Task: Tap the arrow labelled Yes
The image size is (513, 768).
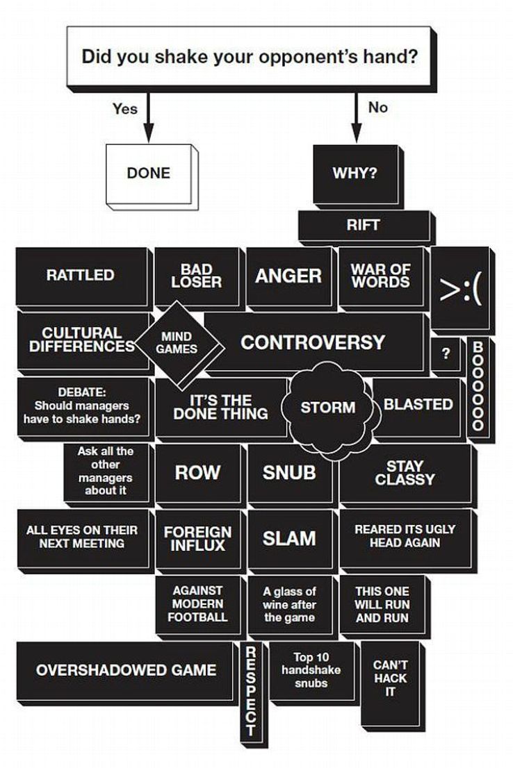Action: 148,117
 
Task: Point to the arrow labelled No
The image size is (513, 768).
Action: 357,117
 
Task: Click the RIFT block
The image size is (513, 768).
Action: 366,227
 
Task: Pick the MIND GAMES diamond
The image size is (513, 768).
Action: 179,345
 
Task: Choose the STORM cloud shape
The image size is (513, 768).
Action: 330,406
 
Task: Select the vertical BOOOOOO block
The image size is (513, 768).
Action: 480,390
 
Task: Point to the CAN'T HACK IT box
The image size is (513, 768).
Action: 392,683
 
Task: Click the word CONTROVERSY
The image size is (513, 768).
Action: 312,342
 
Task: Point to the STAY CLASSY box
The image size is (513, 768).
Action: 407,475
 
